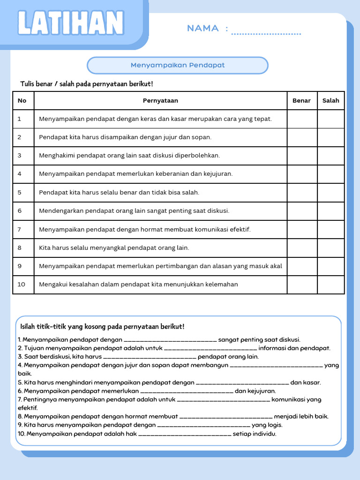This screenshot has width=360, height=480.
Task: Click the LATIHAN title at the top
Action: tap(70, 23)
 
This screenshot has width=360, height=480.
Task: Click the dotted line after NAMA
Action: tap(266, 33)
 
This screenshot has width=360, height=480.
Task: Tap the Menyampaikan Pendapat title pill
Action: tap(178, 65)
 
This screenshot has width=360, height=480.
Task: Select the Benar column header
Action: tap(301, 100)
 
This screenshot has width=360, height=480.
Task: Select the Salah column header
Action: tap(330, 100)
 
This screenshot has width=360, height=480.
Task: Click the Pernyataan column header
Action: tap(160, 100)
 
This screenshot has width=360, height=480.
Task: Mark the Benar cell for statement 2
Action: tap(302, 137)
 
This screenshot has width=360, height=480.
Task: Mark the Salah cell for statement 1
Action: tap(330, 119)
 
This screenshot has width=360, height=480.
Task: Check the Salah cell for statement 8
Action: tap(330, 247)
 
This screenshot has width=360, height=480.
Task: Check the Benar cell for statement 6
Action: tap(302, 211)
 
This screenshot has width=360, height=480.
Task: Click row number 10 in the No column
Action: tap(22, 284)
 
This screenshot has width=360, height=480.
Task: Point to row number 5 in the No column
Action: tap(20, 192)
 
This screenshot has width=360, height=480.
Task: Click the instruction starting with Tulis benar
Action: tap(87, 84)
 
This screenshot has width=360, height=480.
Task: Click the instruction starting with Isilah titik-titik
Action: tap(102, 326)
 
